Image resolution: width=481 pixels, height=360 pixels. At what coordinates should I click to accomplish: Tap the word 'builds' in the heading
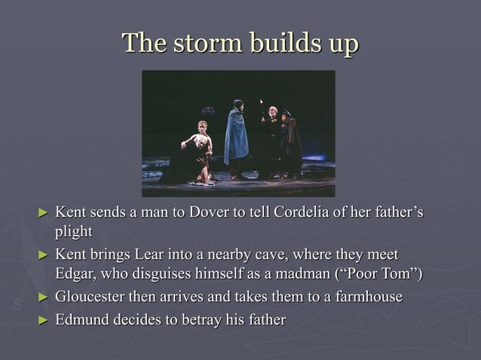pyautogui.click(x=276, y=43)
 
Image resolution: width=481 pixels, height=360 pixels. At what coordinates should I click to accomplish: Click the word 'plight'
pyautogui.click(x=73, y=231)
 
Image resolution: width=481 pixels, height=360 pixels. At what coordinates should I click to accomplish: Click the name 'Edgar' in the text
pyautogui.click(x=75, y=273)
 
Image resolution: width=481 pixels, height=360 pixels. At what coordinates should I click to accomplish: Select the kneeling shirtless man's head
pyautogui.click(x=202, y=126)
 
